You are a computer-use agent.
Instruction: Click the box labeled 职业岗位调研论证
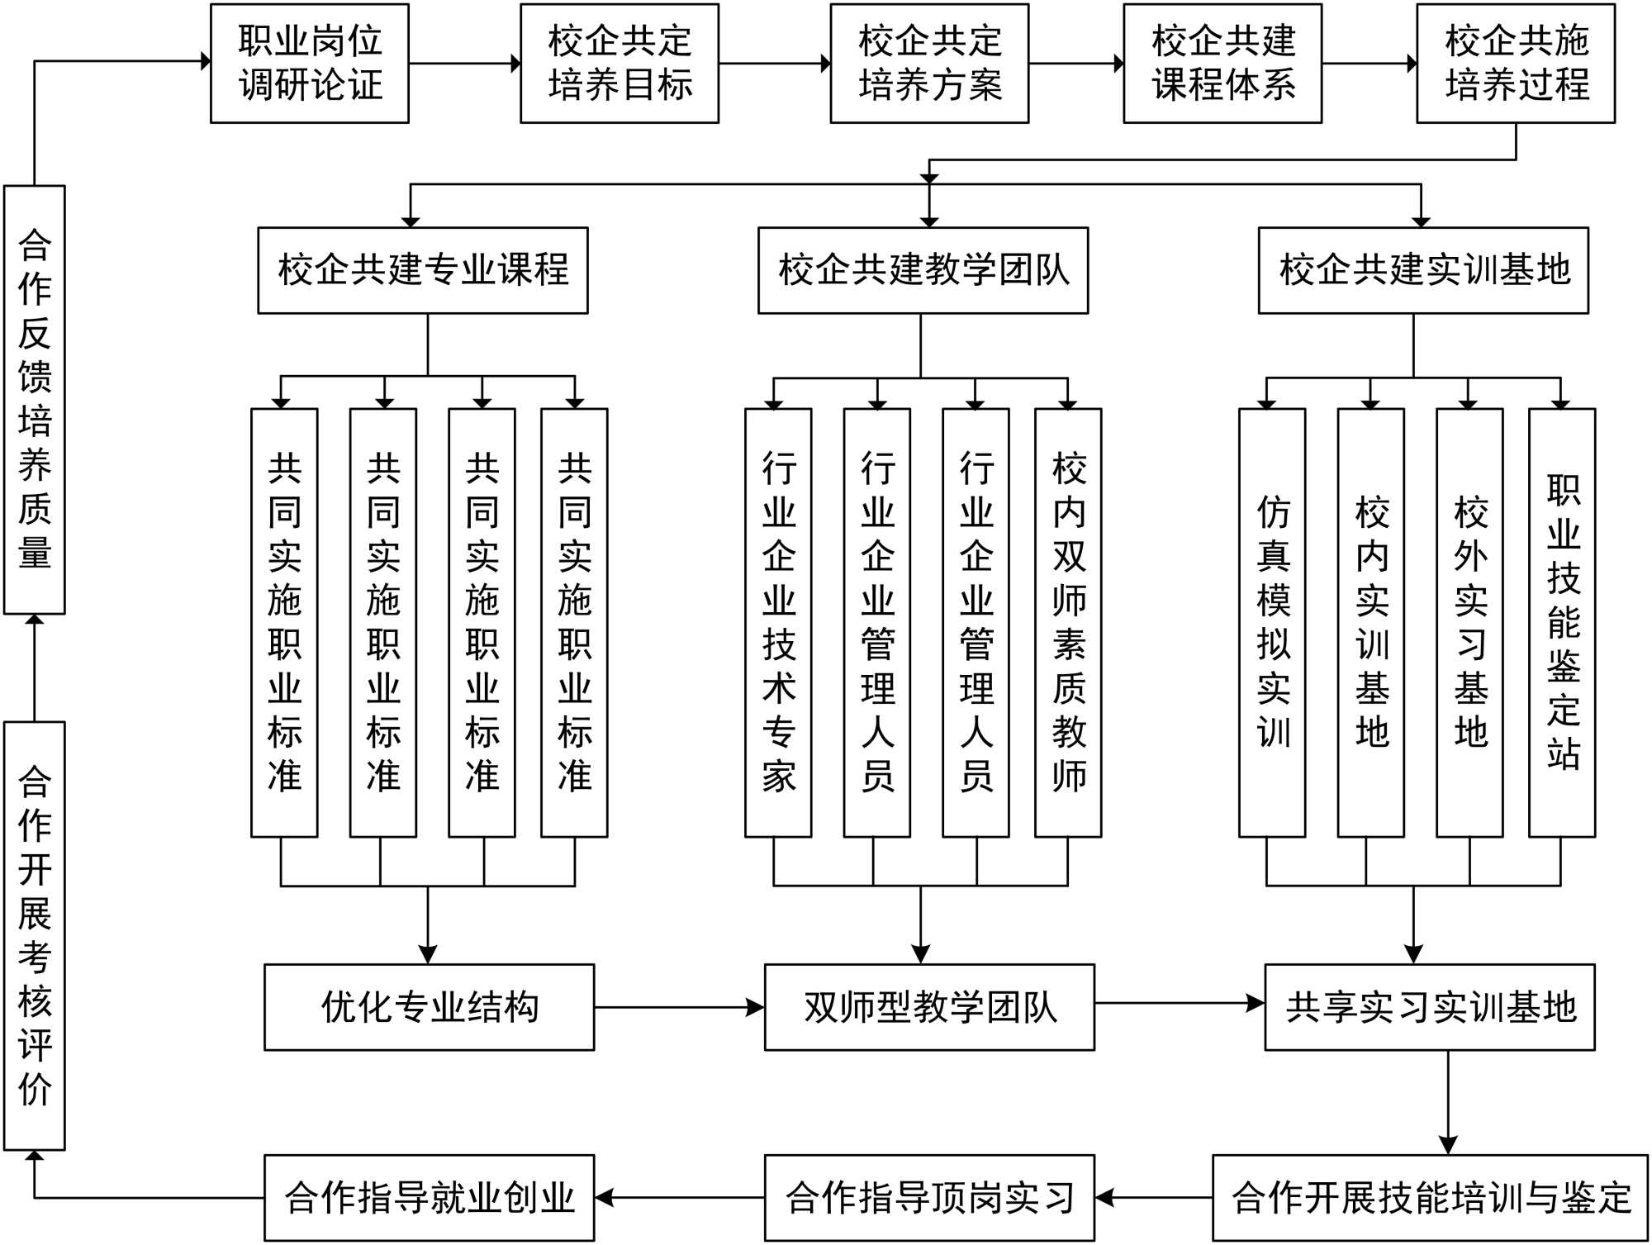point(310,64)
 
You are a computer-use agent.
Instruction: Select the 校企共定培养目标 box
point(619,64)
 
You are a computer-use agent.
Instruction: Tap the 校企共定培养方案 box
point(929,64)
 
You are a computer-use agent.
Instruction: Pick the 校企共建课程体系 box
point(1222,64)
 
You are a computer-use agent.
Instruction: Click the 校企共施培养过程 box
point(1516,64)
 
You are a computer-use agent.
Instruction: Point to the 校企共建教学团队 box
point(923,270)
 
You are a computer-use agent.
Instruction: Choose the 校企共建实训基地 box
point(1423,270)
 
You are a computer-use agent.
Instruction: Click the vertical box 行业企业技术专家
point(778,622)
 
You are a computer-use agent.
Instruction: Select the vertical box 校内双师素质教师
point(1068,622)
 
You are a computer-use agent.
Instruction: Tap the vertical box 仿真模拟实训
point(1272,622)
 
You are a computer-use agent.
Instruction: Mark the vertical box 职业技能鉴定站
point(1562,622)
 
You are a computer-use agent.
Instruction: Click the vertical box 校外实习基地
point(1469,622)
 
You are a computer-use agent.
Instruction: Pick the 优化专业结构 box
point(429,1007)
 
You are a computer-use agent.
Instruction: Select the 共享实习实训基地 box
point(1430,1007)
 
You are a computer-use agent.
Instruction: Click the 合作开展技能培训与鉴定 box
point(1430,1198)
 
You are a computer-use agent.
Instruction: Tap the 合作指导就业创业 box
point(429,1198)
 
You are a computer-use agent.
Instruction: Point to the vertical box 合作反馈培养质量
point(35,399)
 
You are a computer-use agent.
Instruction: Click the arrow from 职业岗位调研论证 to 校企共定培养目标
point(464,64)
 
